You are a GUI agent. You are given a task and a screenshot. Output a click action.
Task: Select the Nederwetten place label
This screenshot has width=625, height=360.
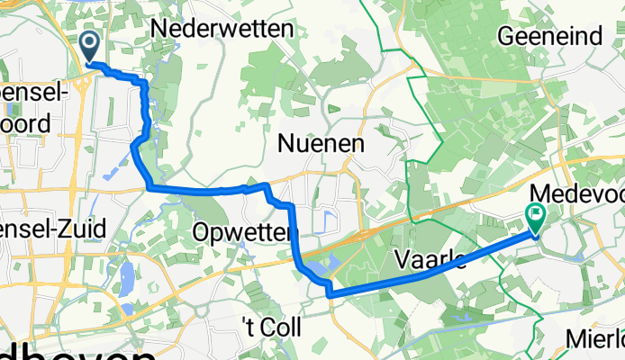pos(222,29)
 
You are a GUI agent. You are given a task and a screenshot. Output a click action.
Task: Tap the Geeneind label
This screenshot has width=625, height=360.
pos(550,36)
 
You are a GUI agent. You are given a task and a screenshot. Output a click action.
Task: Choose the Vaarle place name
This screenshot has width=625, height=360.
pos(430,260)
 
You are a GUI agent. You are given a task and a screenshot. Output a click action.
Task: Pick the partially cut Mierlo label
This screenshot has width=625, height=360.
pos(595,339)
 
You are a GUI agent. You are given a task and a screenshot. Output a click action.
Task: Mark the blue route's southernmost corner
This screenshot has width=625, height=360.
pos(330,294)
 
